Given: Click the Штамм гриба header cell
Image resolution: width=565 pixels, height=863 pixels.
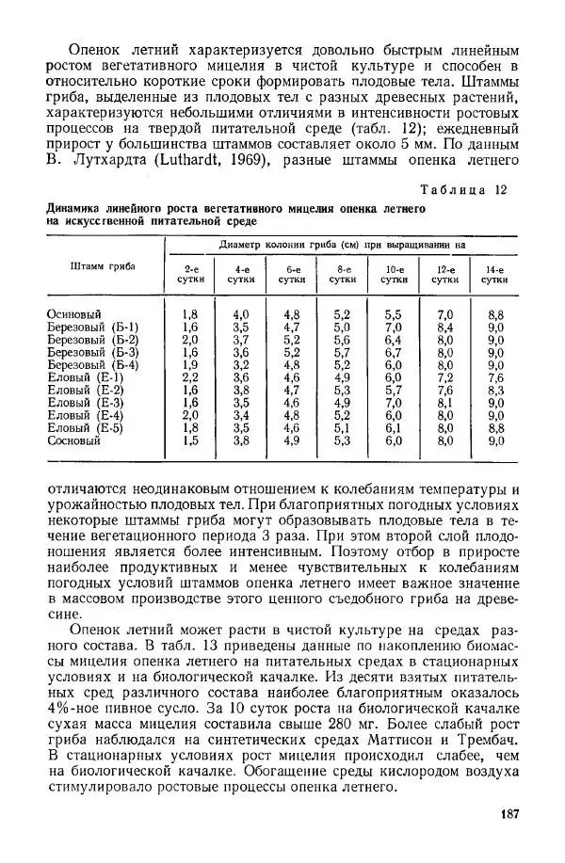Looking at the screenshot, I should point(103,265).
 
